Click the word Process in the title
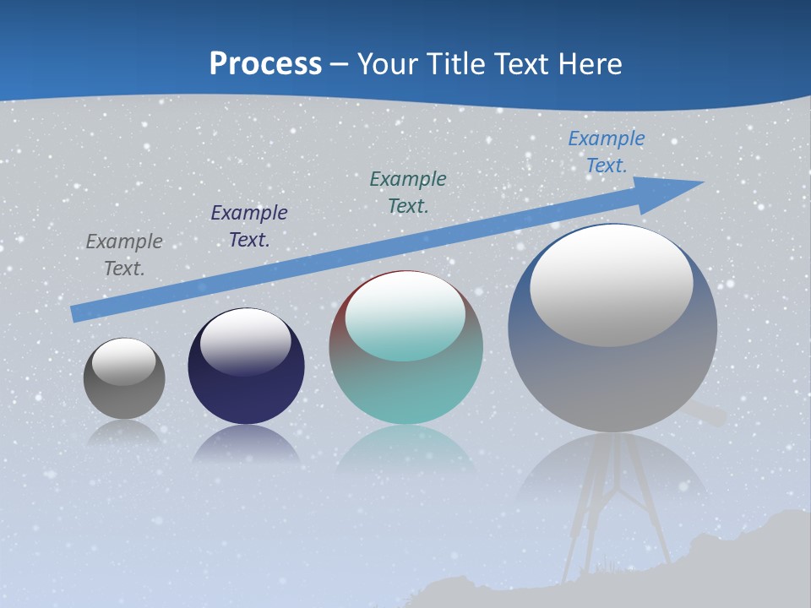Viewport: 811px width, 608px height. point(265,64)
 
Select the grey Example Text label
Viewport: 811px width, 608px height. point(124,255)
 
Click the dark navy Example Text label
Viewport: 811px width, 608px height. point(249,226)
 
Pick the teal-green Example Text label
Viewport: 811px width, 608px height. point(408,192)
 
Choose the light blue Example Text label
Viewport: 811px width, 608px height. point(606,152)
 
